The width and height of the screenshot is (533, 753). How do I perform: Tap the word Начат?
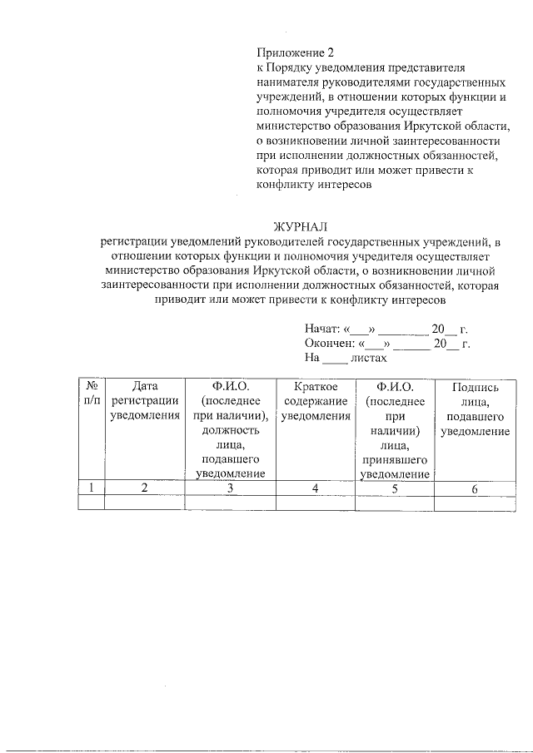tap(321, 329)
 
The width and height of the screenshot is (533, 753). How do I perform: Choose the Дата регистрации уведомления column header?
tap(145, 401)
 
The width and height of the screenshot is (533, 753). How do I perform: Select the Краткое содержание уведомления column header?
tap(315, 401)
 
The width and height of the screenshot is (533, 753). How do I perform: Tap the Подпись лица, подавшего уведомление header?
tap(475, 409)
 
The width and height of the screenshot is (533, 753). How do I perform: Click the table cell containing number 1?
tap(91, 488)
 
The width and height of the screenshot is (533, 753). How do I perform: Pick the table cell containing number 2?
tap(144, 488)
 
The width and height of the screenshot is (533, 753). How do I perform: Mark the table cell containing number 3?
tap(230, 488)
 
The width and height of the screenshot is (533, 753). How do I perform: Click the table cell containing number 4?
tap(315, 488)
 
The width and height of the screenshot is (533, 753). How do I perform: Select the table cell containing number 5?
tap(395, 488)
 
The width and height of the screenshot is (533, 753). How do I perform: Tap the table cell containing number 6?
tap(475, 488)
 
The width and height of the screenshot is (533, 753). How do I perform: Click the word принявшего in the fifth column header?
tap(395, 460)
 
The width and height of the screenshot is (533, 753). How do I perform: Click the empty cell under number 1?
tap(91, 503)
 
